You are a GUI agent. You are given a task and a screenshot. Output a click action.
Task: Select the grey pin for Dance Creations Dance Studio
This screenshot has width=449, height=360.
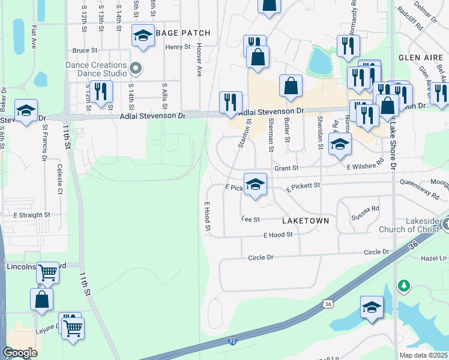click(x=136, y=68)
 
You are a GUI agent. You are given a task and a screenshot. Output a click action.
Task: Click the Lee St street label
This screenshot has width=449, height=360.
click(x=250, y=220)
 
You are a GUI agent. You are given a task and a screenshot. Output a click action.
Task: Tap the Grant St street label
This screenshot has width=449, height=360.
click(x=286, y=169)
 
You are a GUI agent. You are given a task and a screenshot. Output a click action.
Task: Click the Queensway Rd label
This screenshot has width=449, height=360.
click(x=420, y=190)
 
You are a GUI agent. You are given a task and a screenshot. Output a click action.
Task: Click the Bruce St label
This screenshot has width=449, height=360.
click(x=85, y=50)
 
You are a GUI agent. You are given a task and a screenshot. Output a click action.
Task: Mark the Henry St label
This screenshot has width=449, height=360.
click(x=178, y=46)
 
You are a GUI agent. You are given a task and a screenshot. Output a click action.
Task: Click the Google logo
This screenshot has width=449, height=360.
click(x=20, y=353)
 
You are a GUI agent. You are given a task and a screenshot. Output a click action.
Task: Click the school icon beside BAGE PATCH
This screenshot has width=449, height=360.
click(x=143, y=36)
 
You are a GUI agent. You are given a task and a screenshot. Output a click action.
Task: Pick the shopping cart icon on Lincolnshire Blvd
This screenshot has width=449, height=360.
click(x=47, y=272)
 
